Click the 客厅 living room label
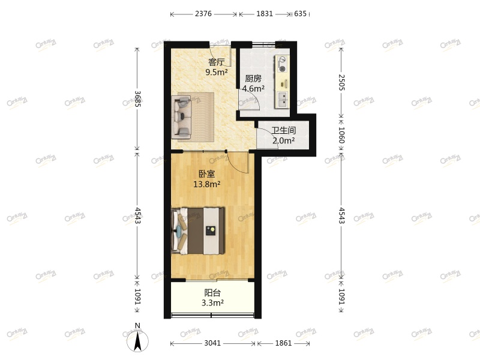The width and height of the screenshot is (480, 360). (216, 62)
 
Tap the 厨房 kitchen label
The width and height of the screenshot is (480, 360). (253, 79)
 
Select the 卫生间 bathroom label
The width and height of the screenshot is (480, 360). (283, 130)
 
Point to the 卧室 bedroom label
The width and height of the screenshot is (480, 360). (207, 174)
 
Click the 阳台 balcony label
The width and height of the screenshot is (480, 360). (212, 293)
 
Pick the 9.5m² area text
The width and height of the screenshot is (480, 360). (216, 72)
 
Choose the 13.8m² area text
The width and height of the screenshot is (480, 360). (206, 184)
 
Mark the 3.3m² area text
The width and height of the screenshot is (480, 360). (213, 303)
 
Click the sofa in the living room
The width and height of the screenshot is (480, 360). (192, 115)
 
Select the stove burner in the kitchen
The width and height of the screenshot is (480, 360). (282, 65)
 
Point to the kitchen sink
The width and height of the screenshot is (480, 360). (281, 97)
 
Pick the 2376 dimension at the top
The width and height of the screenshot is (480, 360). (203, 14)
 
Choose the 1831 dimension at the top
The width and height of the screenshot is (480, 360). (265, 14)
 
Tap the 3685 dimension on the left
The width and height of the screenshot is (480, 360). (137, 99)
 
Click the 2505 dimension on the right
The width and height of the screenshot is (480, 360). (341, 82)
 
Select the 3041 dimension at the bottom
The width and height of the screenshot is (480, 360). (212, 344)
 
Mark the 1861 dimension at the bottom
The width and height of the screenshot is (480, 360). (283, 344)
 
